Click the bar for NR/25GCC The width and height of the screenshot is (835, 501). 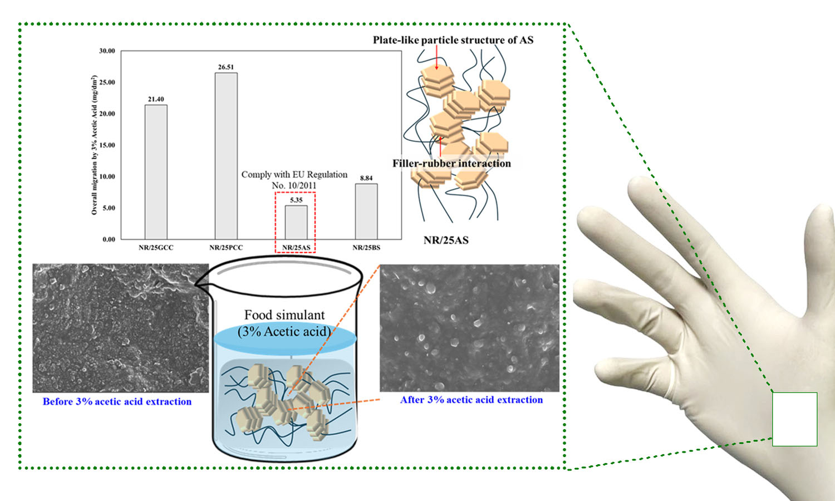(156, 172)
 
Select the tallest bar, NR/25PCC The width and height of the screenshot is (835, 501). (226, 156)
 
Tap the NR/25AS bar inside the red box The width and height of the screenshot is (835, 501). (296, 223)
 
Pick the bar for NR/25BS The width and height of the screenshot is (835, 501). (366, 212)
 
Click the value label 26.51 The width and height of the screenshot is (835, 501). (226, 67)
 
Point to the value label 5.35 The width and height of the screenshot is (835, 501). (296, 200)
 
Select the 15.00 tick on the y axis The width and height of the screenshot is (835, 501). (107, 145)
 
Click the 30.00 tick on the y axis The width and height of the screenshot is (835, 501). (107, 51)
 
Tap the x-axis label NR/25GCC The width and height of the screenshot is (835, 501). (156, 248)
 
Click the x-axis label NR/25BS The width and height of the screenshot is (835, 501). (366, 248)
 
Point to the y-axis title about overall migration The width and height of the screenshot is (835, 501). (94, 145)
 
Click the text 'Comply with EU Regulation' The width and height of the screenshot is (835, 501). (294, 174)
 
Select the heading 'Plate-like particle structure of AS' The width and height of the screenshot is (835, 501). (453, 40)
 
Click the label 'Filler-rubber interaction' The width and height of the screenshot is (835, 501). (451, 163)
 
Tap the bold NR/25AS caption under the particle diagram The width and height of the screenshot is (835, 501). (446, 240)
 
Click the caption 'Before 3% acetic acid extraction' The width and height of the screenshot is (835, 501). (117, 401)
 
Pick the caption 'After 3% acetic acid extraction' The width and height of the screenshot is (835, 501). (471, 400)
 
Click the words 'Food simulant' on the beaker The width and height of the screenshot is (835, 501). (284, 315)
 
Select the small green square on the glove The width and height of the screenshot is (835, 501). (794, 419)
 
